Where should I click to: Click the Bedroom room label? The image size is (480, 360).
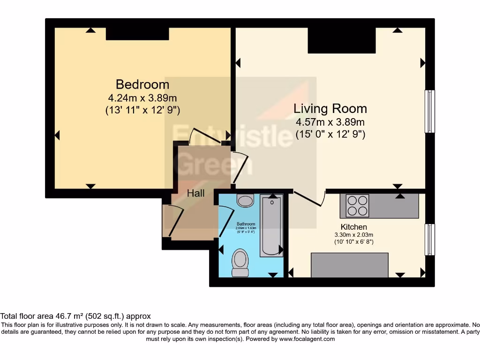(x=142, y=84)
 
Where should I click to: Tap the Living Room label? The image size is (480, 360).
(x=330, y=109)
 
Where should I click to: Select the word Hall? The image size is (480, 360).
(x=196, y=193)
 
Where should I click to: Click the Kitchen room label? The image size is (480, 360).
(x=353, y=227)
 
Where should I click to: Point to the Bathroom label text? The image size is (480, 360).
(x=246, y=224)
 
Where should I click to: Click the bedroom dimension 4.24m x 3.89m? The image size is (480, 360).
(x=142, y=98)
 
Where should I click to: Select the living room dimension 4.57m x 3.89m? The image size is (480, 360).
(x=330, y=122)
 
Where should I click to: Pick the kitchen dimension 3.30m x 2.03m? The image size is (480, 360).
(x=353, y=234)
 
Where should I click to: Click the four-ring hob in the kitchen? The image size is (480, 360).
(x=357, y=206)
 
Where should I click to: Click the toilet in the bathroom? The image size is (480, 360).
(x=240, y=263)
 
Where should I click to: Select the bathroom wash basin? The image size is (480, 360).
(x=245, y=201)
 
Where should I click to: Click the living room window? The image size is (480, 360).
(x=429, y=112)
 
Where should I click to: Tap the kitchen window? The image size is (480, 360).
(x=429, y=240)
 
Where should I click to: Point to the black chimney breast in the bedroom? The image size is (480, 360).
(x=137, y=34)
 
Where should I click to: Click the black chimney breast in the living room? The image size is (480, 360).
(x=342, y=40)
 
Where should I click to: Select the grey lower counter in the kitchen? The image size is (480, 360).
(x=350, y=265)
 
